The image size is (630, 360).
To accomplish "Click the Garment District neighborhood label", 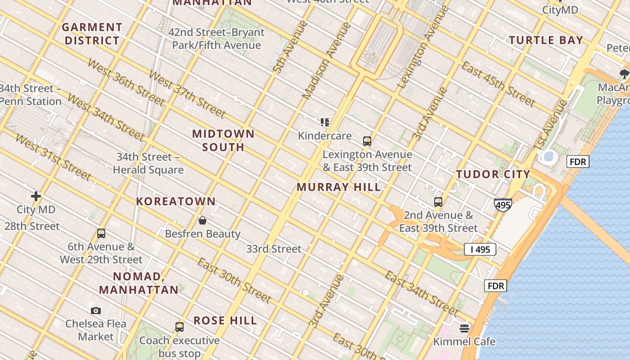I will pyautogui.click(x=92, y=34).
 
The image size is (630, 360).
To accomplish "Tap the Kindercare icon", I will pyautogui.click(x=325, y=122).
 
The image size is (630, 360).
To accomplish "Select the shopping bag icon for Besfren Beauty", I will pyautogui.click(x=202, y=220).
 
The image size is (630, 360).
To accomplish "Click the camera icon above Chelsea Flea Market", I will pyautogui.click(x=96, y=310).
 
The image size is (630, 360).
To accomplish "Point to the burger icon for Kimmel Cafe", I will pyautogui.click(x=464, y=328).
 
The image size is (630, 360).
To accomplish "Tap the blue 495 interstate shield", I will pyautogui.click(x=503, y=205).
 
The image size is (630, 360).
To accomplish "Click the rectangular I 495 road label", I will pyautogui.click(x=480, y=249).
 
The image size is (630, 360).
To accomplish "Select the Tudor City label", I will pyautogui.click(x=493, y=174).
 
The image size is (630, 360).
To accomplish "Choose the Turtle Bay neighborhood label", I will pyautogui.click(x=546, y=40).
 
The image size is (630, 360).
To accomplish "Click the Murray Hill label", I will pyautogui.click(x=339, y=187).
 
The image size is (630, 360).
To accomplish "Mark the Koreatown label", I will pyautogui.click(x=176, y=201).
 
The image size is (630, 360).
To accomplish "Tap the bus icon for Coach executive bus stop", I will pyautogui.click(x=180, y=327).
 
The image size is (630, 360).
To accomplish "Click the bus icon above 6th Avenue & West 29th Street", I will pyautogui.click(x=101, y=234).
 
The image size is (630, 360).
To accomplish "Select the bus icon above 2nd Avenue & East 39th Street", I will pyautogui.click(x=438, y=202).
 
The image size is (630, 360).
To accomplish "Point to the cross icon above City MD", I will pyautogui.click(x=36, y=196).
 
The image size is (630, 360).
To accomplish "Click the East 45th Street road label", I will pyautogui.click(x=498, y=84).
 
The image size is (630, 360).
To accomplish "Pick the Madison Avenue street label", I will pyautogui.click(x=326, y=61).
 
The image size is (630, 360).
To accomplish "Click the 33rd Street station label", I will pyautogui.click(x=274, y=249).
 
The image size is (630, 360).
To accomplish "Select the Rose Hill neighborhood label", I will pyautogui.click(x=225, y=320).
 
